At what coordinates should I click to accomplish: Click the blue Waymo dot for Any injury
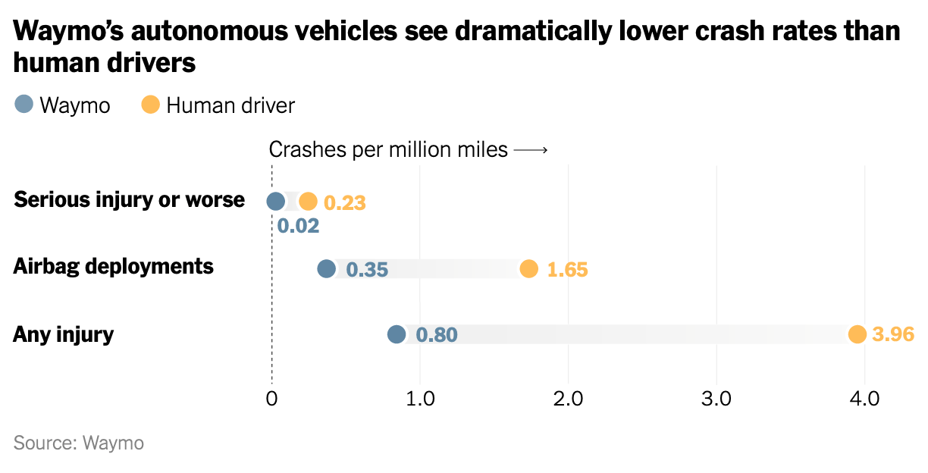[397, 334]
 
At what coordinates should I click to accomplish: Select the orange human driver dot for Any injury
[857, 334]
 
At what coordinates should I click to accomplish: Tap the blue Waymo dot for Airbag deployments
[326, 268]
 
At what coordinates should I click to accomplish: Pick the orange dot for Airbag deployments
[529, 268]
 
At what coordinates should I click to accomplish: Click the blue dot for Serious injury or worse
[276, 202]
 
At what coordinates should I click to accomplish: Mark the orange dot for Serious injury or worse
[308, 202]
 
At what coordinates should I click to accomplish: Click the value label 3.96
[893, 334]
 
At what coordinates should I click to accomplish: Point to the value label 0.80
[437, 334]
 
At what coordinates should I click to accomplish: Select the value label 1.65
[567, 269]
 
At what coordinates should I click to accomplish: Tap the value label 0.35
[367, 269]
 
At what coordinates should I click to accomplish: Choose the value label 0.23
[345, 203]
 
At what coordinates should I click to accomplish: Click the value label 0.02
[298, 226]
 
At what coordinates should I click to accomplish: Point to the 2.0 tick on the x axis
[568, 399]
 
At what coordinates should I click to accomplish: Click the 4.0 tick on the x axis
[864, 399]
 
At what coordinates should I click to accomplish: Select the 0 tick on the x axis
[271, 399]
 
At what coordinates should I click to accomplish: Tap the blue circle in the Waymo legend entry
[24, 105]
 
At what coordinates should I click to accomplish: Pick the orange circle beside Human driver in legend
[151, 105]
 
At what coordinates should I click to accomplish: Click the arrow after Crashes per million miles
[530, 150]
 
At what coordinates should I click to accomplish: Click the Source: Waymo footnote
[79, 443]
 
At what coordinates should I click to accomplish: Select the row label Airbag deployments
[114, 267]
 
